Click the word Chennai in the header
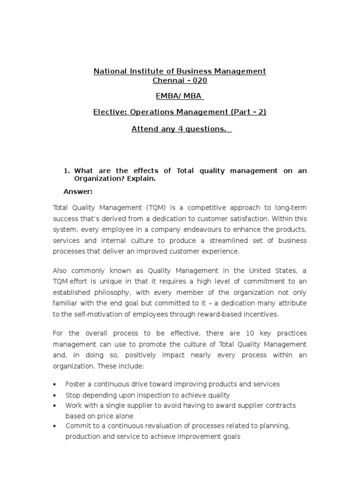tap(166, 81)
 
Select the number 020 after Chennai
tap(200, 81)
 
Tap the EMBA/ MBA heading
tap(180, 96)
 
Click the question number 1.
tap(66, 171)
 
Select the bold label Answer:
tap(78, 191)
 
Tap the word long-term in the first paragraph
tap(290, 208)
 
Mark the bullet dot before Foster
tap(55, 385)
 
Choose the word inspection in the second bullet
tap(145, 395)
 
